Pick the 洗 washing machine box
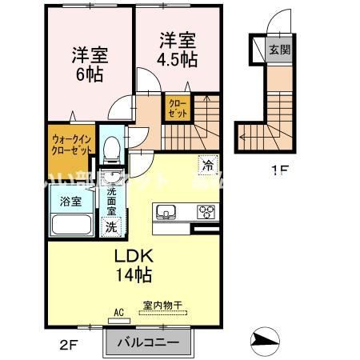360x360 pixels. click(x=113, y=226)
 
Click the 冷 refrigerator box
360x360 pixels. click(x=208, y=166)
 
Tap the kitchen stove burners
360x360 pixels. click(x=208, y=212)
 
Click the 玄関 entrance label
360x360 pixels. click(x=274, y=50)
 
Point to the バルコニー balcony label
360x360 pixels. click(x=148, y=343)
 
